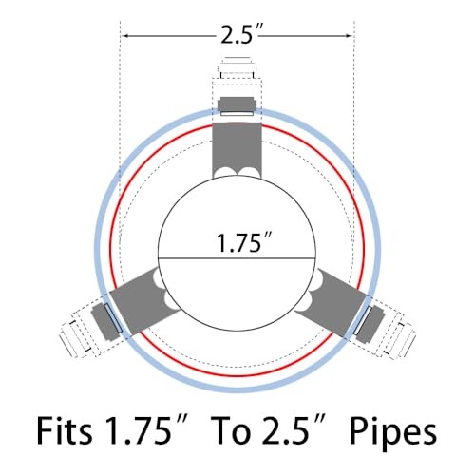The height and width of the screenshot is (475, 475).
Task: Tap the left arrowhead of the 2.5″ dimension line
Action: (125, 36)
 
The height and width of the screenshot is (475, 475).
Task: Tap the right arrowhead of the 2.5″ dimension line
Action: (349, 36)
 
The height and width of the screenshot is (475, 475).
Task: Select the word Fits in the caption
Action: (65, 430)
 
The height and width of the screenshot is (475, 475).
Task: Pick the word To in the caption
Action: (230, 431)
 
